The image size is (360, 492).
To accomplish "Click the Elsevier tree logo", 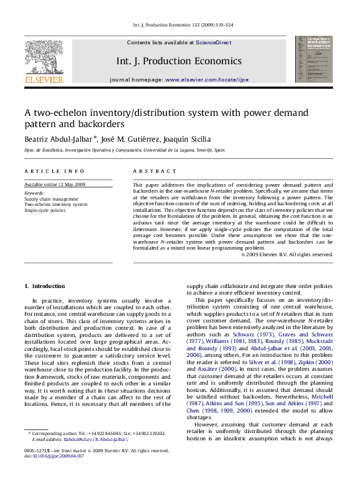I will [x=44, y=58].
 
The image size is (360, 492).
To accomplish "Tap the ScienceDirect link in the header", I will [x=213, y=42].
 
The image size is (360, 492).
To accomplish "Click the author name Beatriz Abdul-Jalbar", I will [x=60, y=139].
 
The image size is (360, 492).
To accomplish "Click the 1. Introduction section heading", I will [x=44, y=286].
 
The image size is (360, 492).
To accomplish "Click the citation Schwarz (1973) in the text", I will [x=229, y=334].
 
